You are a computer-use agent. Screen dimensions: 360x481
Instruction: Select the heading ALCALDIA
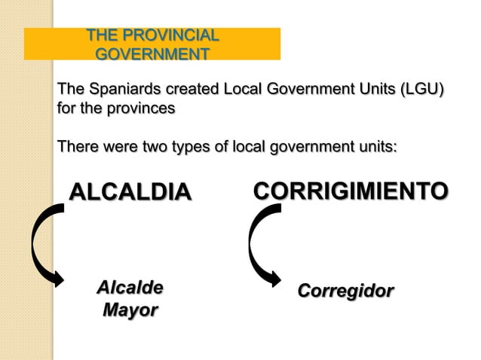(130, 192)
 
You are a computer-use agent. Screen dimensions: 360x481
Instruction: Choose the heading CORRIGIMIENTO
(351, 191)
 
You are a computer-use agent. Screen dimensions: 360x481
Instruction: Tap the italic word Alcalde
(130, 288)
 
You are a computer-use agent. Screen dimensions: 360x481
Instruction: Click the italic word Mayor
(130, 310)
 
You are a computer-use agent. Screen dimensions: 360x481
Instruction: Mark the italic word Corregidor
(345, 291)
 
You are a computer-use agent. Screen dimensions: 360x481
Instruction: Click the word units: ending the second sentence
(374, 145)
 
